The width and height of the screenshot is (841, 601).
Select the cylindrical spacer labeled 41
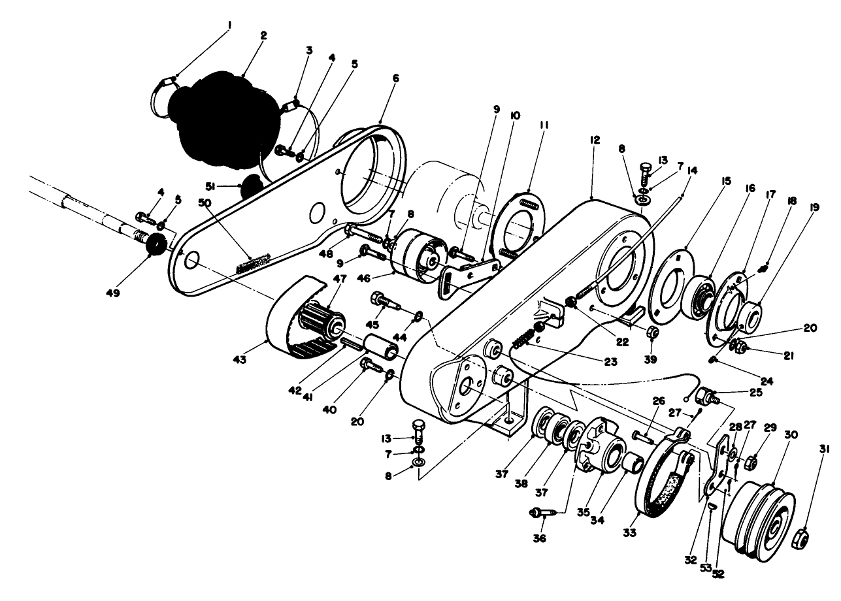[382, 346]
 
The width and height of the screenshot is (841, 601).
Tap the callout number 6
[395, 76]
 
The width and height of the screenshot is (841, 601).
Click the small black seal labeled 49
[156, 245]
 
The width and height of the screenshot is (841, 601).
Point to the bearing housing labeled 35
[601, 451]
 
